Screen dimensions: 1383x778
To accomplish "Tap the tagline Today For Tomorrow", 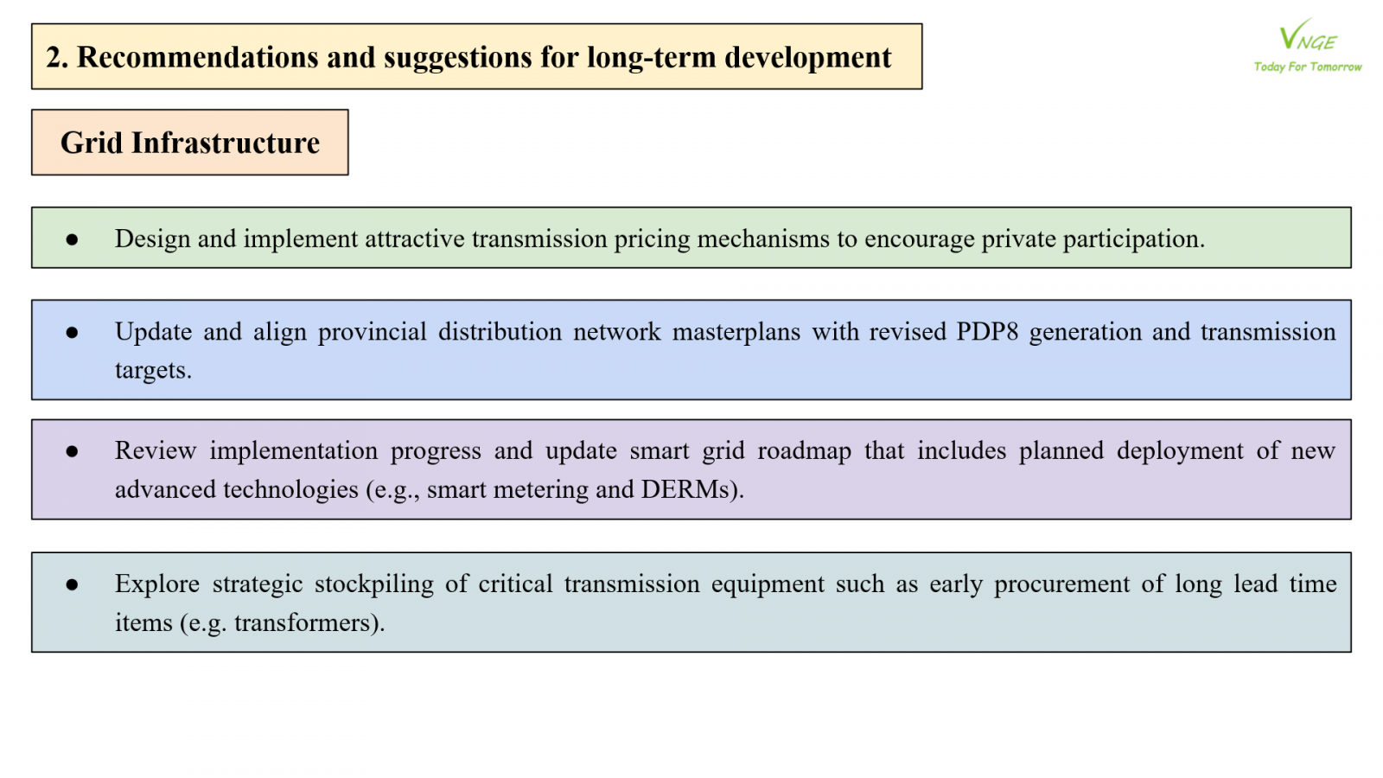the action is (x=1308, y=67).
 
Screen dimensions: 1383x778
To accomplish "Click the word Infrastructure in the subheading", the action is (x=226, y=143).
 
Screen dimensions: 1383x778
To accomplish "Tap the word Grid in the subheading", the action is (x=92, y=143).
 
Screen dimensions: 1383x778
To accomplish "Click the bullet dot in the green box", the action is (x=72, y=239).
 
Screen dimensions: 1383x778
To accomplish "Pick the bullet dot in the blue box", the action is (x=72, y=333).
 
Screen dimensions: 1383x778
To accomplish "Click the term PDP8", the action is (x=987, y=332).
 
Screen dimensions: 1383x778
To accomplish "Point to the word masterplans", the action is (x=736, y=332).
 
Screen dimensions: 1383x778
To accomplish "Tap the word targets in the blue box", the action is (x=153, y=371).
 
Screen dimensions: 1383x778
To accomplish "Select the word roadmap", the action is (x=804, y=451).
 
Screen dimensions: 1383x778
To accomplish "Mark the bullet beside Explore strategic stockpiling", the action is (x=72, y=584).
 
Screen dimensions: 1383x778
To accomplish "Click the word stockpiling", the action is (x=374, y=584).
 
